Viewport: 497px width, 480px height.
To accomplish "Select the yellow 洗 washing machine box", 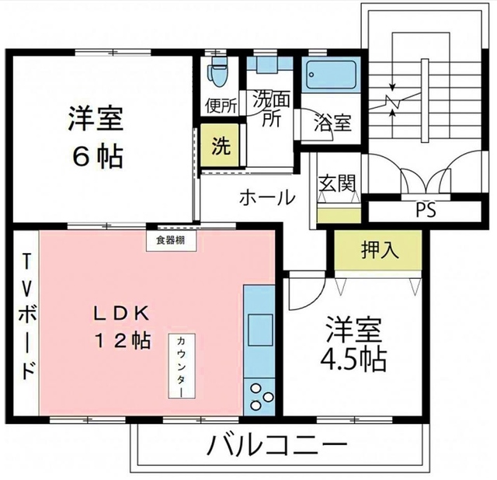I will tap(221, 145).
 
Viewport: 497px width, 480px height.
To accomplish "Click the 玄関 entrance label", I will tap(337, 183).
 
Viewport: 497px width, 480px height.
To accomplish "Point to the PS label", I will tap(425, 210).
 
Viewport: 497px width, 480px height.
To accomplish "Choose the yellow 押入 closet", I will tap(380, 249).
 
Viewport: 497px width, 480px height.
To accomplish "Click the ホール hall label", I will tap(266, 197).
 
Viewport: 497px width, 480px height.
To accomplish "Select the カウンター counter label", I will tap(180, 366).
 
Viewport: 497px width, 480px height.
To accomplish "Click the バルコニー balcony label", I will tap(278, 447).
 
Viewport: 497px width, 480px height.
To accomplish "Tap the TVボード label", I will tap(27, 316).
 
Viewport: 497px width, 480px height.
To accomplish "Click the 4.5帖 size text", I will tap(354, 360).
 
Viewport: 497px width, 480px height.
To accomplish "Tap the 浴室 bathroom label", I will tap(332, 122).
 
